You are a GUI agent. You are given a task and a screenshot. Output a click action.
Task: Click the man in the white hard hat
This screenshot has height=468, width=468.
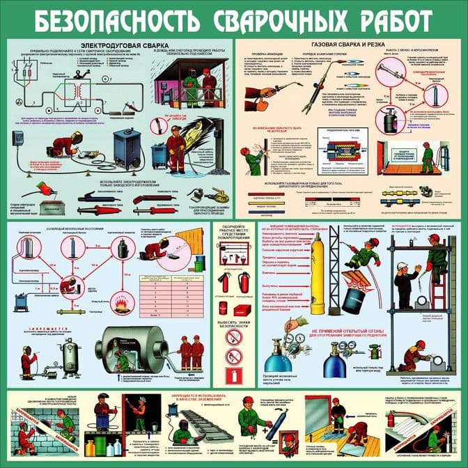coord(404,281)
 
